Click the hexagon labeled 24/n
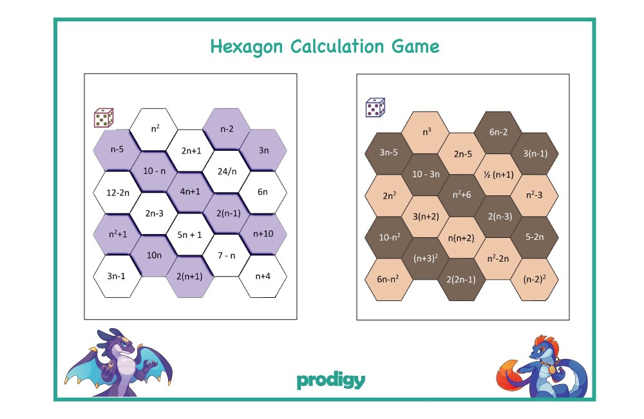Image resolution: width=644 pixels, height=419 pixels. [227, 171]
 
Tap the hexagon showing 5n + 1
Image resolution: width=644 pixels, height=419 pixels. [190, 235]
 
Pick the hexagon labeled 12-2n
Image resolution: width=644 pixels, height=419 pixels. [117, 193]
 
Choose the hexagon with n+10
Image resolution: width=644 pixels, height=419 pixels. [263, 234]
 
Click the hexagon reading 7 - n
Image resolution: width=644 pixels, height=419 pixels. [227, 255]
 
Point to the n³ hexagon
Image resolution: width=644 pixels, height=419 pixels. [426, 132]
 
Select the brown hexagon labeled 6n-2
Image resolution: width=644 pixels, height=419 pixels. [498, 132]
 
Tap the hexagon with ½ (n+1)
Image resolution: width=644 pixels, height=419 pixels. [498, 175]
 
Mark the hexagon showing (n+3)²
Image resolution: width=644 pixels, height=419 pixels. [426, 258]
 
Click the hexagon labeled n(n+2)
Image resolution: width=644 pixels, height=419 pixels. [462, 238]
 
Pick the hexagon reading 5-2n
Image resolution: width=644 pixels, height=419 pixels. [535, 237]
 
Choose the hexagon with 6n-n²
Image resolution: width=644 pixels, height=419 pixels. [388, 280]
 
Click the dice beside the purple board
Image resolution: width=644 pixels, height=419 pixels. [104, 118]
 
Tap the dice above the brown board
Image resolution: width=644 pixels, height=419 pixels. [375, 107]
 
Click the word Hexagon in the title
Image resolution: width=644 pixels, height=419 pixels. [247, 47]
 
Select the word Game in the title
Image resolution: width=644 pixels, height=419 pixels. [415, 46]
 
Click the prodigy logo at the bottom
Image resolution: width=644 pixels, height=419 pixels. [330, 380]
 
